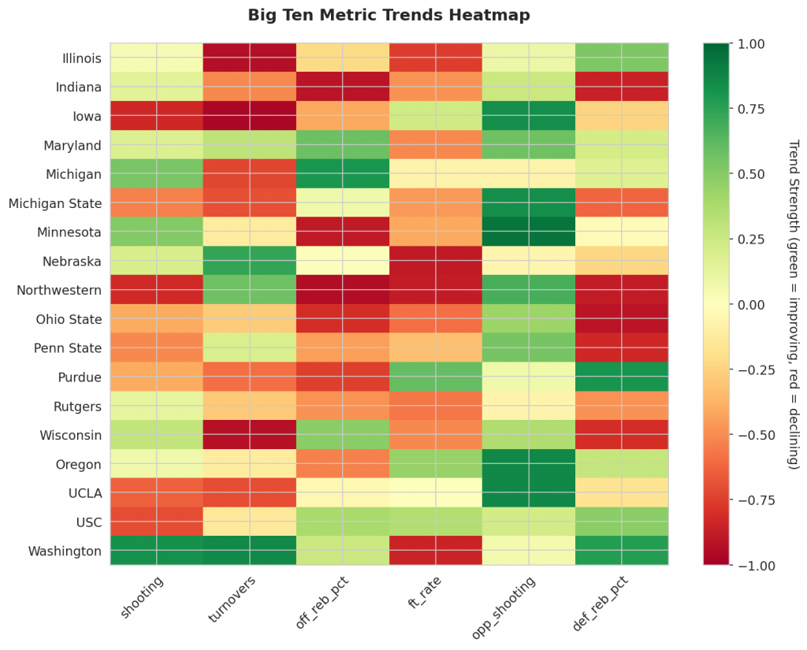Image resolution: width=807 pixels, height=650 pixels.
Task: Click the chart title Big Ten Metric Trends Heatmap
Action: (389, 15)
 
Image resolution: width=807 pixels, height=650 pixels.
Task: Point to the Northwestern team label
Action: (59, 290)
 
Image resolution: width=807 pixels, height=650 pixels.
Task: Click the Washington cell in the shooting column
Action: (156, 551)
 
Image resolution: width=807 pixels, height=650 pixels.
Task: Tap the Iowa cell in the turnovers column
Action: (249, 116)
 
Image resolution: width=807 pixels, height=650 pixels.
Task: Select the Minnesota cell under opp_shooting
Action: (528, 232)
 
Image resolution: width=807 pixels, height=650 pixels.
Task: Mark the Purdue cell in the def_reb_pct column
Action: (621, 377)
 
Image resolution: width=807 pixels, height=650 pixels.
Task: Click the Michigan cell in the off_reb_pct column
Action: (342, 174)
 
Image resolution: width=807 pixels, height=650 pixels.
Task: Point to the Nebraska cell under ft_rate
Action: (435, 261)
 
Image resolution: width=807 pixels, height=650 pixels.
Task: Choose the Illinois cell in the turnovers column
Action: (249, 58)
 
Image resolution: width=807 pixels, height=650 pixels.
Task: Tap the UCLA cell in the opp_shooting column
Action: (528, 492)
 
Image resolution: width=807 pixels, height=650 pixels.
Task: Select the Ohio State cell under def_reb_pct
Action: (621, 319)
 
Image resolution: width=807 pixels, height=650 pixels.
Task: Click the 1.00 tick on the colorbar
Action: (748, 44)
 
